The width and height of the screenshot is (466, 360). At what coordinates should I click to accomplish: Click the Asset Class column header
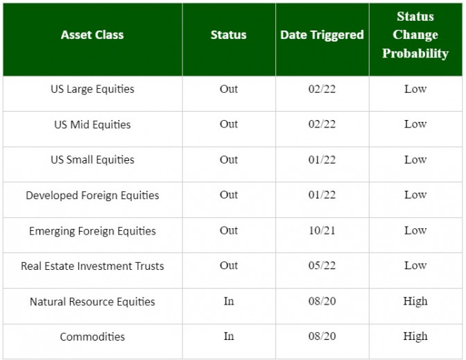92,35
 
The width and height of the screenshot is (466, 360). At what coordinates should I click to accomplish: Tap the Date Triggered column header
322,35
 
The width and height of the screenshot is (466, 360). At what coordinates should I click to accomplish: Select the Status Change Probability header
415,35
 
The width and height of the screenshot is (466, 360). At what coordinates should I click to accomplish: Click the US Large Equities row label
92,89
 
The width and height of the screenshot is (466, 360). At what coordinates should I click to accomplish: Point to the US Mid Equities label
92,124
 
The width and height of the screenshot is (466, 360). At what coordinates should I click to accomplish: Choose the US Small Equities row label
92,160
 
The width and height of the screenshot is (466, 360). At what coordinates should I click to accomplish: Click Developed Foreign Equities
92,195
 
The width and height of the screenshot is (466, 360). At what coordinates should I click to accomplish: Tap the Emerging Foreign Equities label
92,231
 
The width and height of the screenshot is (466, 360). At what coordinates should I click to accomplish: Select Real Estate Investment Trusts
92,266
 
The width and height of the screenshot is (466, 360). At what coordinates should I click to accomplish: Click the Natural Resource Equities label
92,302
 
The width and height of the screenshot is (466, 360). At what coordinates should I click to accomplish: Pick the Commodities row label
92,336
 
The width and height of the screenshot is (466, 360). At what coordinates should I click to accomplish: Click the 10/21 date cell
322,230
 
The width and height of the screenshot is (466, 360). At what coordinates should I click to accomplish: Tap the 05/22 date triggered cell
322,266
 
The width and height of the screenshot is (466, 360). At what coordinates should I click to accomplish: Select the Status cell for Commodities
229,336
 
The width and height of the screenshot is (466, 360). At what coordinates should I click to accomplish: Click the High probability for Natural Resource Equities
415,302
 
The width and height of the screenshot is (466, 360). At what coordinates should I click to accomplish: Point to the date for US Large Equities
322,89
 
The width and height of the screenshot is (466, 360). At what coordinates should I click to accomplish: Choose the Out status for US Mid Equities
229,124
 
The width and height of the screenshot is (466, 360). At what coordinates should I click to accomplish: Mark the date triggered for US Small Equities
322,160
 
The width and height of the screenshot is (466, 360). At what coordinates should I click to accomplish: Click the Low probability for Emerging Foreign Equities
415,230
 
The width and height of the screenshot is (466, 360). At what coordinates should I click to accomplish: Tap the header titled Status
229,35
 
